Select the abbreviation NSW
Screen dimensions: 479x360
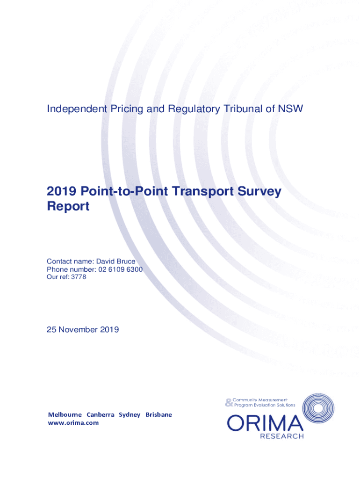(290, 109)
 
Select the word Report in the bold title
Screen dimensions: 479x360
(68, 206)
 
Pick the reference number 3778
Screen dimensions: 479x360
(78, 277)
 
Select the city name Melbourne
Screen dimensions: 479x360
(65, 415)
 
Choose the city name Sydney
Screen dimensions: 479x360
(130, 415)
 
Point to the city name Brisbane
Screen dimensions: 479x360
(158, 415)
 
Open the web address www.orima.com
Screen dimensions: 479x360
(73, 423)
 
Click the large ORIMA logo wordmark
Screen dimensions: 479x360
(265, 424)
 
